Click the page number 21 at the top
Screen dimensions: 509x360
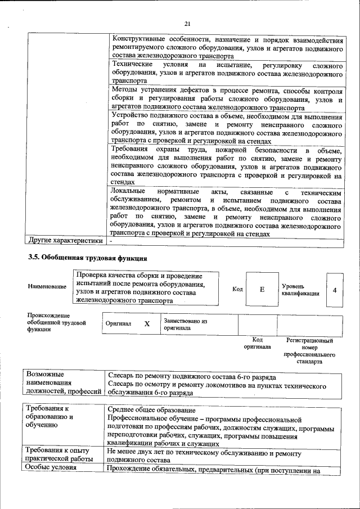coord(187,22)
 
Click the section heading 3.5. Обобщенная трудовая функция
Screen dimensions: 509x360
coord(88,259)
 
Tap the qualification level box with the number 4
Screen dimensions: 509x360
coord(335,290)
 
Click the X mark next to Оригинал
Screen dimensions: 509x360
coord(147,324)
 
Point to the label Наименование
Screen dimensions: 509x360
coord(47,287)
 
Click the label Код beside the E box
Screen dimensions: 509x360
coord(237,289)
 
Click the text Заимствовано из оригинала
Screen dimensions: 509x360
coord(186,325)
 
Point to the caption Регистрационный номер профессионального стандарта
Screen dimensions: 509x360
coord(309,352)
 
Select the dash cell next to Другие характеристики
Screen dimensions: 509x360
coord(111,241)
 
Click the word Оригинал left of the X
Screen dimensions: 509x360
coord(118,325)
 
